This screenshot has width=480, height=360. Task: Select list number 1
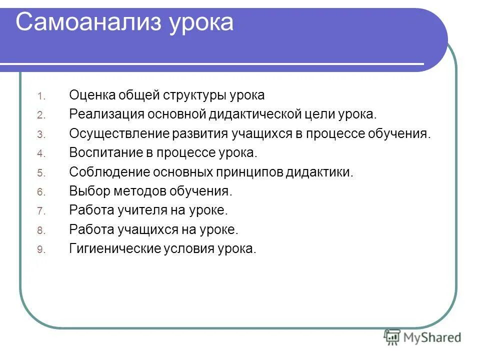[x=41, y=96]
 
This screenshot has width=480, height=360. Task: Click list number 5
[x=41, y=173]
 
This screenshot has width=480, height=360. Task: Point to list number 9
[x=41, y=250]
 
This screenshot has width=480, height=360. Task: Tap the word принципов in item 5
[x=249, y=172]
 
